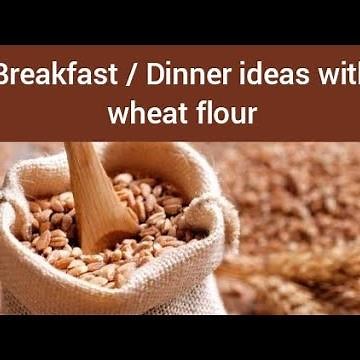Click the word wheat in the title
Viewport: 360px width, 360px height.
(141, 113)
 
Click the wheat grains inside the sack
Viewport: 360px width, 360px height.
(150, 210)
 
